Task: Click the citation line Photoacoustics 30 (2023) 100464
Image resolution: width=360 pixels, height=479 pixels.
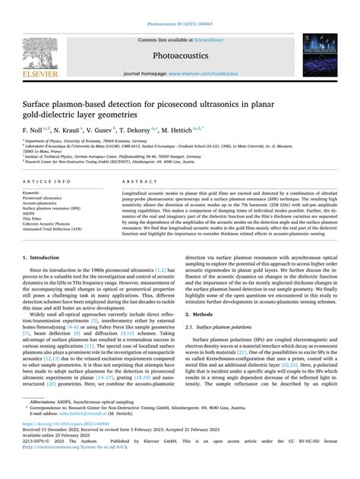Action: pyautogui.click(x=179, y=7)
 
